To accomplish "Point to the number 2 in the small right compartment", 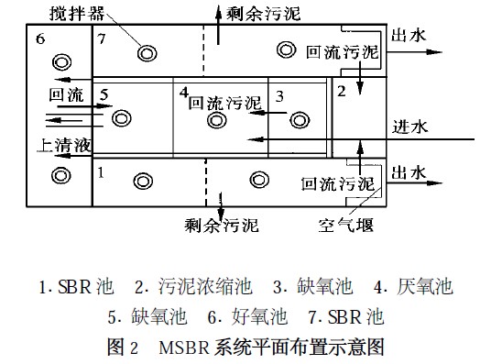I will [x=341, y=90].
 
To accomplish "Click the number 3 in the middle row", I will [x=280, y=94].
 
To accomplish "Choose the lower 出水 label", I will [x=409, y=171].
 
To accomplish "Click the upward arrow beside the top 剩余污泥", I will [x=217, y=15].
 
